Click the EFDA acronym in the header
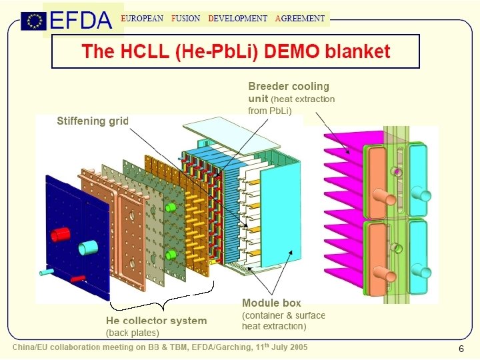pyautogui.click(x=81, y=21)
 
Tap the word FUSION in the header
pyautogui.click(x=185, y=19)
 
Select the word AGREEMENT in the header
pyautogui.click(x=301, y=19)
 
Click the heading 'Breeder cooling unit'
pyautogui.click(x=289, y=92)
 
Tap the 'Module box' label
pyautogui.click(x=271, y=303)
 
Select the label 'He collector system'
pyautogui.click(x=157, y=321)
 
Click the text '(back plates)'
pyautogui.click(x=133, y=332)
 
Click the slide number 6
pyautogui.click(x=461, y=349)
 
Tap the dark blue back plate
pyautogui.click(x=73, y=233)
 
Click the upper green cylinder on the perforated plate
pyautogui.click(x=170, y=207)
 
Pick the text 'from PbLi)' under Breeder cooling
pyautogui.click(x=270, y=111)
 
